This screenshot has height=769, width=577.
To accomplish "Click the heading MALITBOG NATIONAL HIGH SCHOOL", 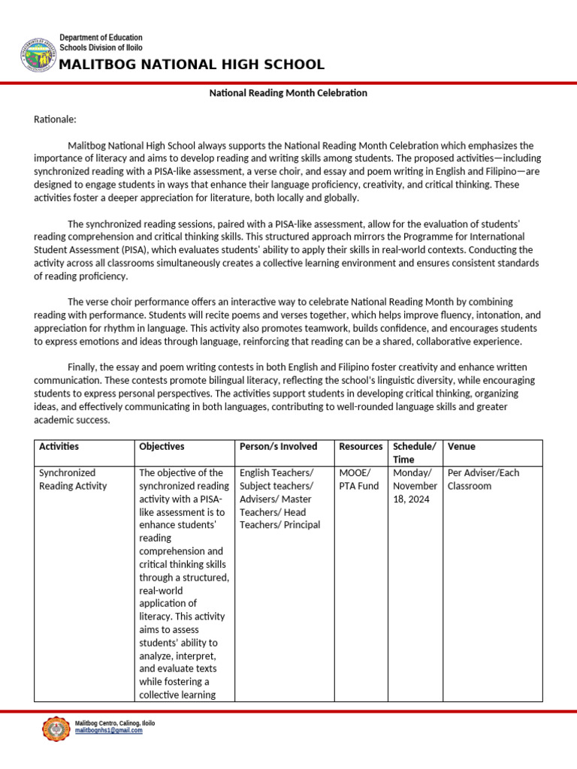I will tap(192, 65).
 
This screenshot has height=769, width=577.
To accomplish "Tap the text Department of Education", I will tap(101, 38).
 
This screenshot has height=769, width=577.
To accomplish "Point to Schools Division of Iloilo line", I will tap(101, 47).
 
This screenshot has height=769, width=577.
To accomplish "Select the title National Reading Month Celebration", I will tap(288, 93).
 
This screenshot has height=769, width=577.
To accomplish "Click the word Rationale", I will tap(55, 119).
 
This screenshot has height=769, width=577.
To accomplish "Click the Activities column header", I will tap(59, 447).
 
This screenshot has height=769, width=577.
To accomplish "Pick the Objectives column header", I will tap(162, 447).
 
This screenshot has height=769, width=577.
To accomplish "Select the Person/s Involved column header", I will tap(278, 447).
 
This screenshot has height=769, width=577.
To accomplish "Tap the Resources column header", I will tap(361, 447).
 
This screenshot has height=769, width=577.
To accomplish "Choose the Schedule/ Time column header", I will tap(414, 453).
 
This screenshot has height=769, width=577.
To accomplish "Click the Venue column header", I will tap(461, 447).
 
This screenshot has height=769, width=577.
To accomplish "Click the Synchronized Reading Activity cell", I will tap(73, 479).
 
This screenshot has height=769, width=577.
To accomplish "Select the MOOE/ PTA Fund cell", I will tap(359, 479).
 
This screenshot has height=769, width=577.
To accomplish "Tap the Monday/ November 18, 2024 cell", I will tap(415, 486).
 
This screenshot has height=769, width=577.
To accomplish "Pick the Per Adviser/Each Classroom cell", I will tap(483, 479).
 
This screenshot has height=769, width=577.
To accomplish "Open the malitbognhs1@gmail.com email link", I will tap(108, 731).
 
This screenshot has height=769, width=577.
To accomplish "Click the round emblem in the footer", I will tap(56, 729).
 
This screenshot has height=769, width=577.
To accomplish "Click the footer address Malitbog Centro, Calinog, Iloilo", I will tap(115, 722).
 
